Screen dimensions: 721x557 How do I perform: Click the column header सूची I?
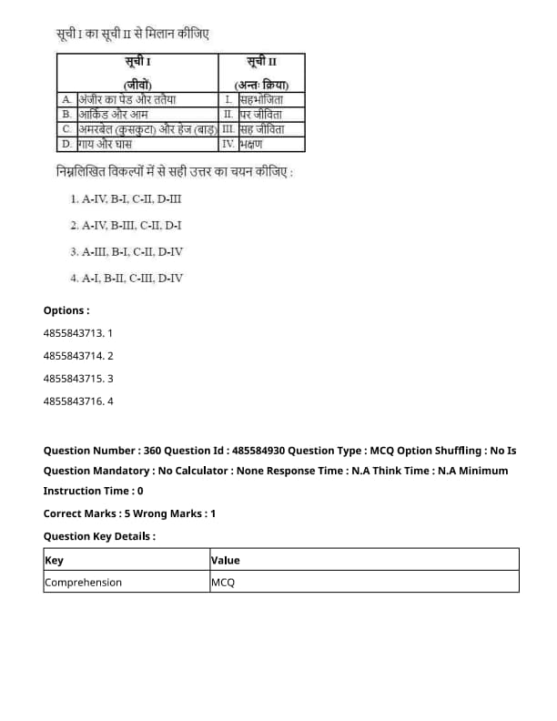click(138, 62)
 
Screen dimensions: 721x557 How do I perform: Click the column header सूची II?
click(262, 62)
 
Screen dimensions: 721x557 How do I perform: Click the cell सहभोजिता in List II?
click(261, 99)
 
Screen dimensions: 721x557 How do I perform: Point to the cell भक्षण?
click(252, 144)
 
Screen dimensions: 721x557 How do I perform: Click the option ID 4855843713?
click(77, 333)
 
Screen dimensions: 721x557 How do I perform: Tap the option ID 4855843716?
click(77, 401)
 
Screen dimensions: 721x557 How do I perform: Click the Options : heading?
click(66, 310)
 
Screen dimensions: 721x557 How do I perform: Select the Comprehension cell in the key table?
click(83, 583)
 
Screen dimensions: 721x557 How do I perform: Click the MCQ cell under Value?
click(223, 583)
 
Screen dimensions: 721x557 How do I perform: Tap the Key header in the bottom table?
click(54, 561)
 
